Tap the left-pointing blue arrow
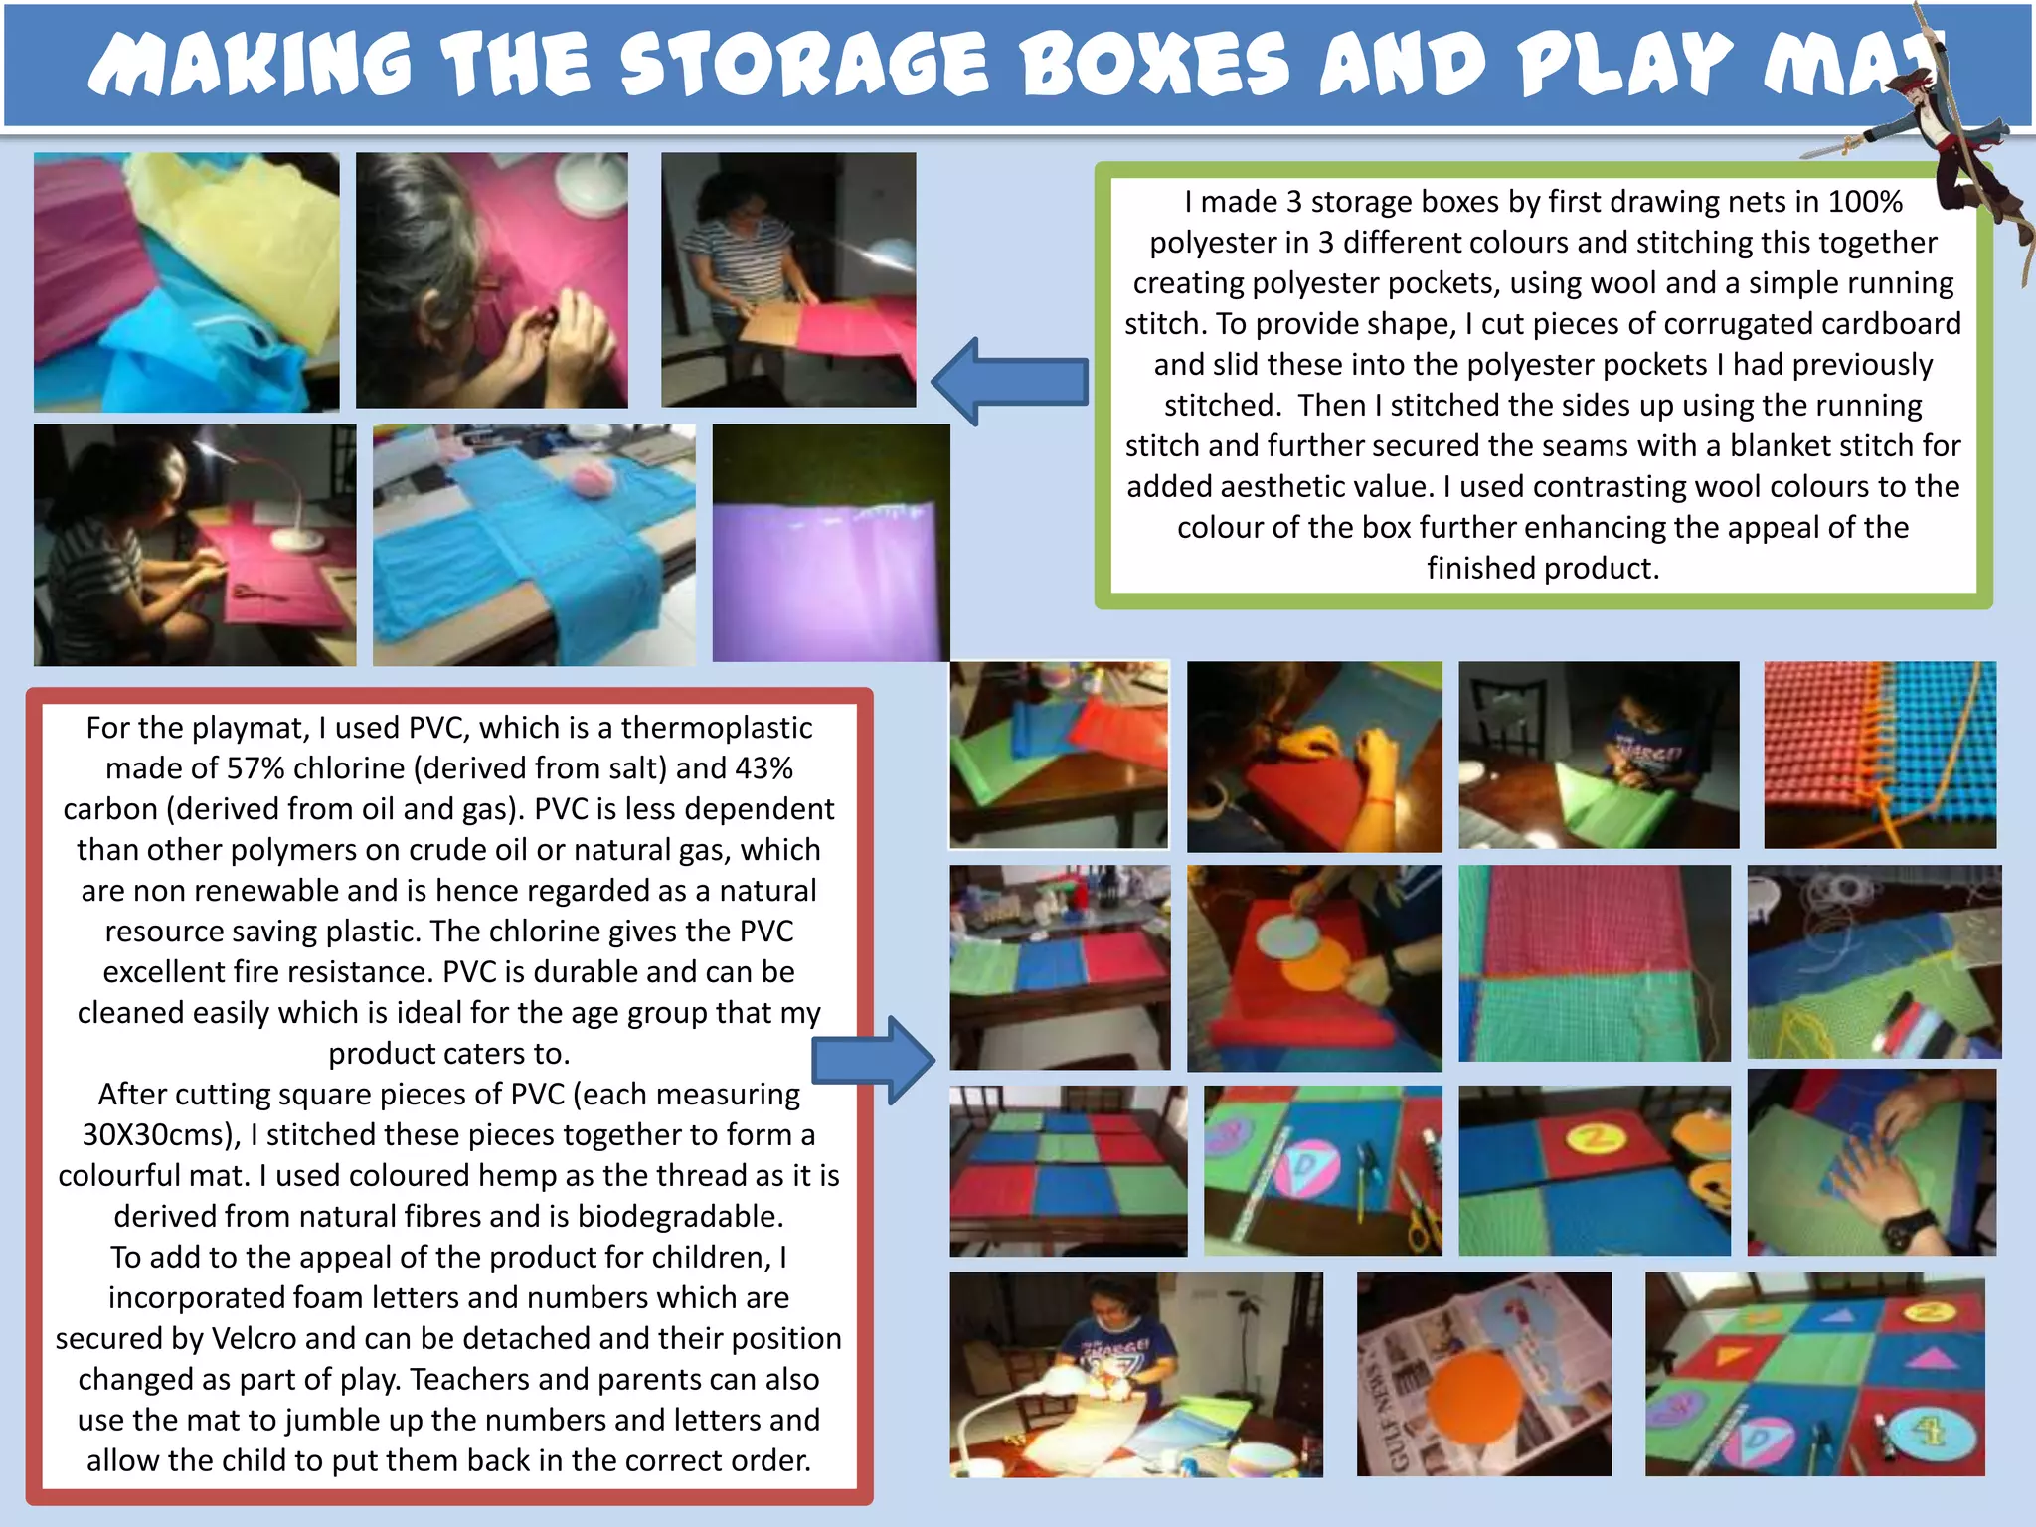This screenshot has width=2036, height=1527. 1010,382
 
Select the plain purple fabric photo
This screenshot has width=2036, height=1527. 831,543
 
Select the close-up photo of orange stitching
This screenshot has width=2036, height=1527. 1880,755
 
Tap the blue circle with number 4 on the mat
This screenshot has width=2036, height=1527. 1927,1430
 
